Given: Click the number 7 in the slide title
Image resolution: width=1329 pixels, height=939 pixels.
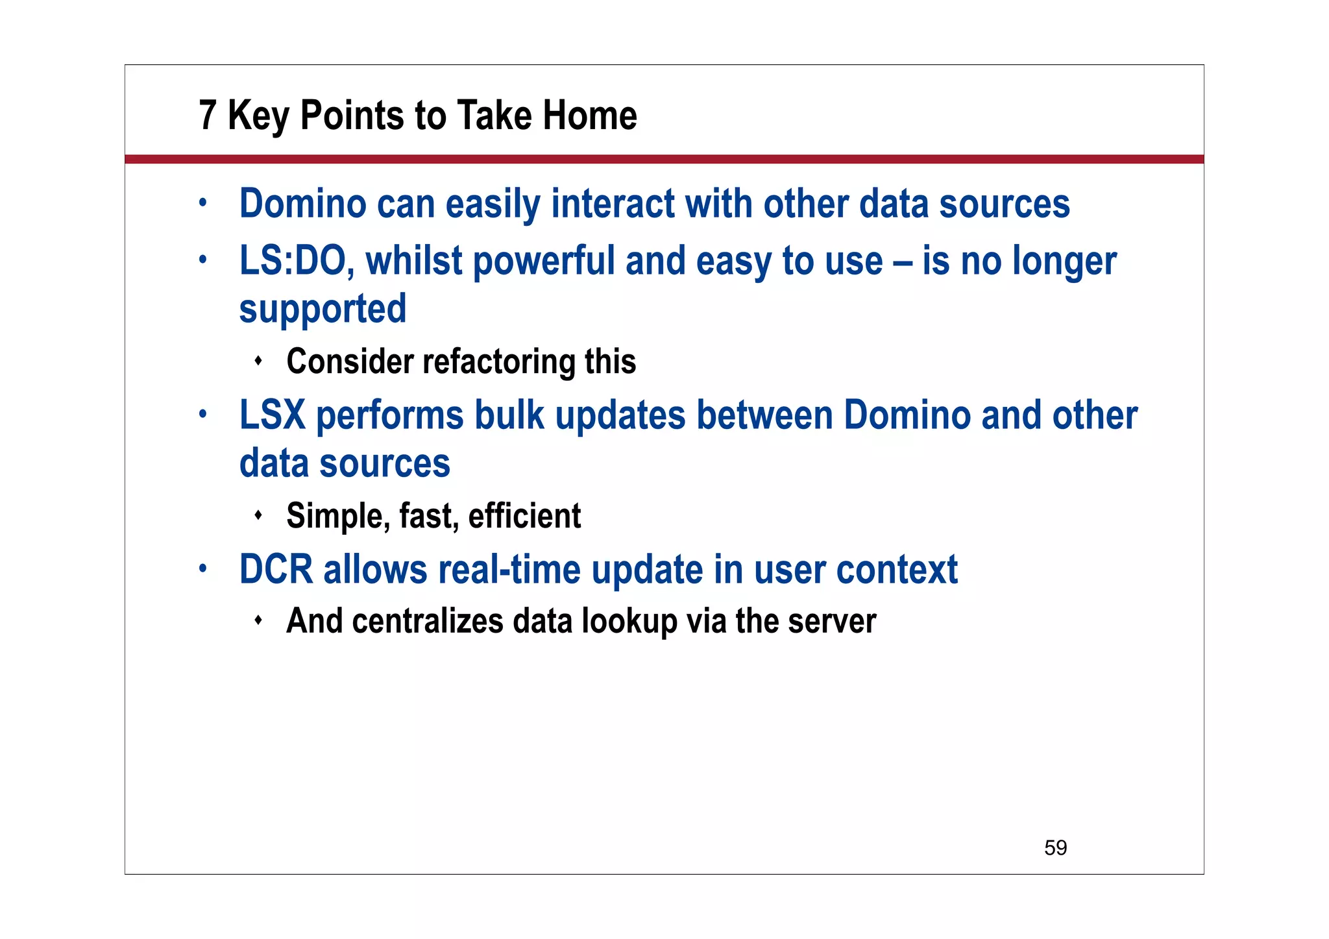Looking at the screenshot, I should point(207,116).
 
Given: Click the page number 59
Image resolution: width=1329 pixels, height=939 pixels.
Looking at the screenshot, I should point(1055,848).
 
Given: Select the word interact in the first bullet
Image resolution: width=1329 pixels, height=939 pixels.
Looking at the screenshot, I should point(613,204).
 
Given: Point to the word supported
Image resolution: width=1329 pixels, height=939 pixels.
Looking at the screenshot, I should point(323,309).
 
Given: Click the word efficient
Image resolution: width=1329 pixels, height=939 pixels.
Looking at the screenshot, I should point(524,516).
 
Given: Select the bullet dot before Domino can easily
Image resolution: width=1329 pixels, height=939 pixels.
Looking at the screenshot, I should point(203,203).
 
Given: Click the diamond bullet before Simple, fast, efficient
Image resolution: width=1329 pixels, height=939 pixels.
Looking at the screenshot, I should point(258,515).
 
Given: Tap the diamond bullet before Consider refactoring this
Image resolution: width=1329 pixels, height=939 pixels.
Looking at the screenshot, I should point(258,361).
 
